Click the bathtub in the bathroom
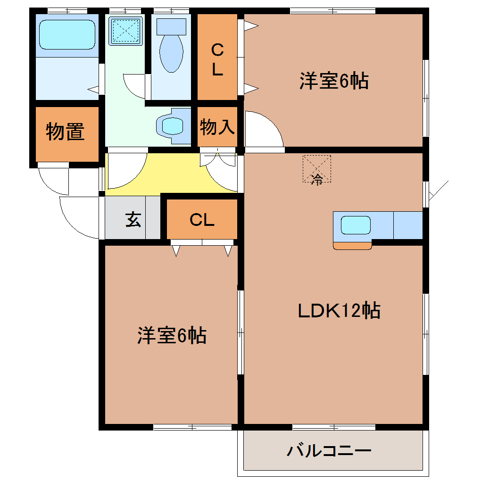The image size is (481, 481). point(67,34)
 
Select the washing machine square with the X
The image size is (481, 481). point(125,31)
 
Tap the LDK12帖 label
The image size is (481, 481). point(339,311)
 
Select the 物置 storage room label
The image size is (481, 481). point(65,132)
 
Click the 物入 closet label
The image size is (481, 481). point(217,127)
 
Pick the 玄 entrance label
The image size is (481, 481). point(133,220)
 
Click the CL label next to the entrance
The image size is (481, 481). point(202,219)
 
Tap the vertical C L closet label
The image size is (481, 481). point(217,59)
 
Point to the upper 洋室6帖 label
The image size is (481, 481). point(333,81)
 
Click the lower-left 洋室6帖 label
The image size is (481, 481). point(172,335)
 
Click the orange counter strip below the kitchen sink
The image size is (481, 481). point(352,245)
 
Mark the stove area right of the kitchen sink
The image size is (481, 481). point(407,225)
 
